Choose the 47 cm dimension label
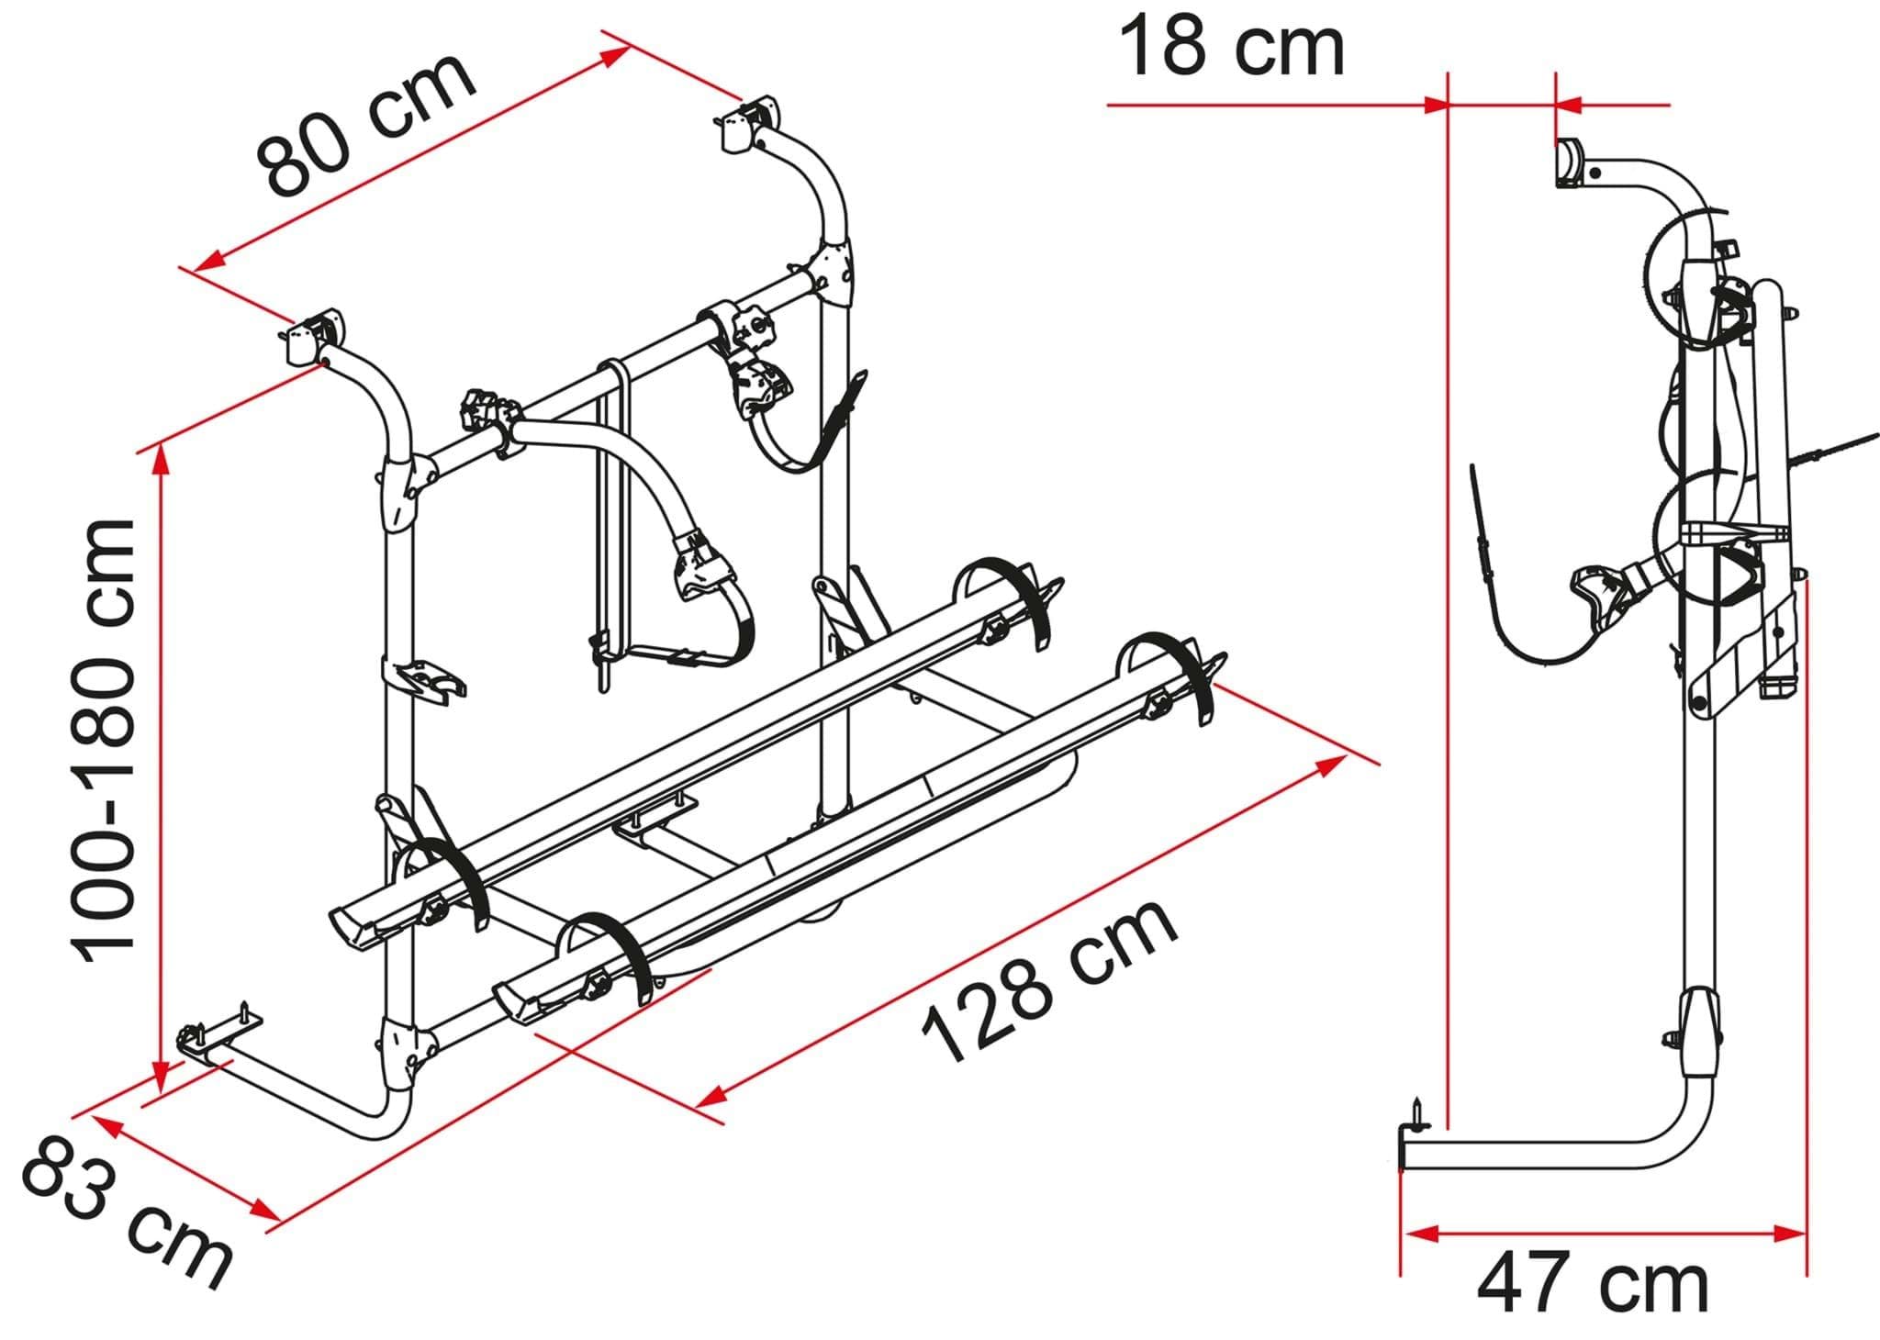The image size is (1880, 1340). [x=1593, y=1286]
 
